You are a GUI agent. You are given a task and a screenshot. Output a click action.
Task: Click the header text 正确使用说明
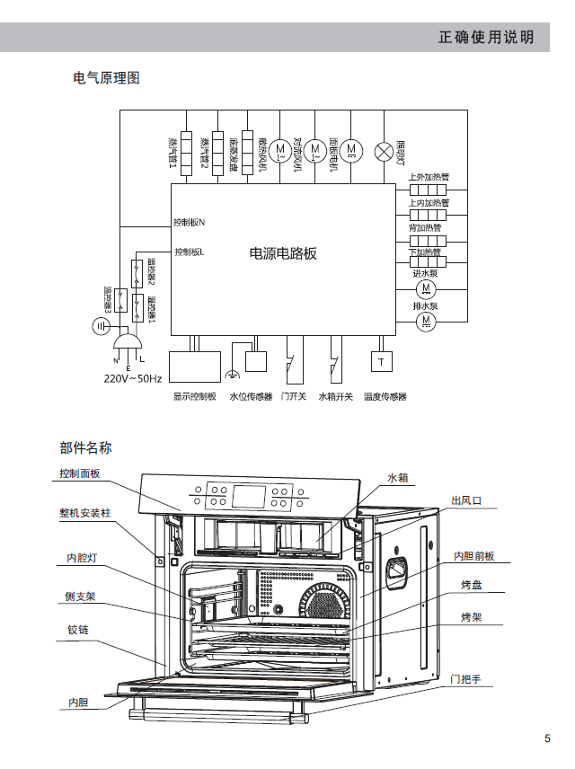coord(486,37)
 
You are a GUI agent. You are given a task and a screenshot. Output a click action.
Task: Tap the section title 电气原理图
coord(106,78)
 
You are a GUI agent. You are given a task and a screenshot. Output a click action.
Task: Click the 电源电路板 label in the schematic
coord(283,253)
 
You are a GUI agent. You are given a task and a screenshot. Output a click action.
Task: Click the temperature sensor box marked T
coord(381,361)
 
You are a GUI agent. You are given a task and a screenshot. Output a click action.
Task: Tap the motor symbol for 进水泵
coord(425,288)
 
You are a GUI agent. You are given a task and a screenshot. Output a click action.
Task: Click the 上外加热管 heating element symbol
coord(428,190)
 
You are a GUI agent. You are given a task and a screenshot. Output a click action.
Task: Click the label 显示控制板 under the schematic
coord(195,396)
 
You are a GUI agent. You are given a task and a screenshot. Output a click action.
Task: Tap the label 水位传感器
coord(251,396)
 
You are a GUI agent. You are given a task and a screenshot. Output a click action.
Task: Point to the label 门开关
coord(294,396)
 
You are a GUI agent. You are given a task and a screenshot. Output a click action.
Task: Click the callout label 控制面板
coord(80,473)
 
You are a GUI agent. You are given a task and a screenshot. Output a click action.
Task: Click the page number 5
coord(547,738)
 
